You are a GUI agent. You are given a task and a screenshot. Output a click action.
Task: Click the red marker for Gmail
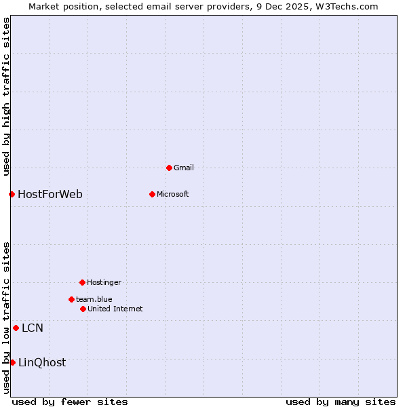pyautogui.click(x=169, y=168)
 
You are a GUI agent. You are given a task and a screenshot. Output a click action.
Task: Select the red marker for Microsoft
pyautogui.click(x=152, y=194)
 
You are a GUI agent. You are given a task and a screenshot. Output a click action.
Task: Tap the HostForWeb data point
pyautogui.click(x=12, y=194)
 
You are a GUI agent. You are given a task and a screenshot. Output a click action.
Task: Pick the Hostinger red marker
pyautogui.click(x=82, y=282)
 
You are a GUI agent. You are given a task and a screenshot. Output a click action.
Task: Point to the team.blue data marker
pyautogui.click(x=71, y=299)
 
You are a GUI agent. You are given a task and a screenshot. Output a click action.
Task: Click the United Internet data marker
pyautogui.click(x=83, y=309)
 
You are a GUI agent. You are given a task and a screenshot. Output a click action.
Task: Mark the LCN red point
pyautogui.click(x=16, y=328)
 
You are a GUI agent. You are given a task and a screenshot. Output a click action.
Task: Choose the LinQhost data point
pyautogui.click(x=12, y=362)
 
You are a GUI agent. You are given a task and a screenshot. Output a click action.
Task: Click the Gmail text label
pyautogui.click(x=184, y=168)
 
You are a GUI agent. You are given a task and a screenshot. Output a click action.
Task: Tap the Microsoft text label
pyautogui.click(x=173, y=194)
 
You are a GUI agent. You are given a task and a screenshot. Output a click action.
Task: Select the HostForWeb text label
pyautogui.click(x=50, y=194)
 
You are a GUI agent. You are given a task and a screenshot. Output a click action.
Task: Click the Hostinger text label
pyautogui.click(x=104, y=282)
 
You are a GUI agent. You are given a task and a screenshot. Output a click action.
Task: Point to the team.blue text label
pyautogui.click(x=94, y=299)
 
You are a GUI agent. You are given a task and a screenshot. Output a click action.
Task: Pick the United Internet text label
pyautogui.click(x=115, y=309)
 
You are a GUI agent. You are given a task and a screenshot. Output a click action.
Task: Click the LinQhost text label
pyautogui.click(x=42, y=362)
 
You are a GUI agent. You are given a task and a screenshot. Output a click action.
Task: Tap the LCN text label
pyautogui.click(x=33, y=328)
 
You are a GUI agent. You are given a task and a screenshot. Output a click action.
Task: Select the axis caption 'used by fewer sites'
pyautogui.click(x=70, y=402)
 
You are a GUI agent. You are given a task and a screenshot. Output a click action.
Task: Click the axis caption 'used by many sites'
pyautogui.click(x=341, y=402)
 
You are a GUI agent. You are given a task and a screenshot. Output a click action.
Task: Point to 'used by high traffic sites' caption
pyautogui.click(x=6, y=97)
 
